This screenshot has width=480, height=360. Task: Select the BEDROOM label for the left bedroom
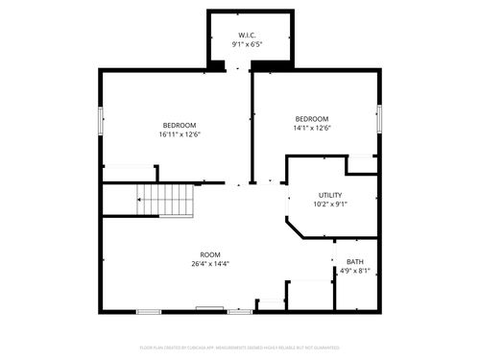[180, 126]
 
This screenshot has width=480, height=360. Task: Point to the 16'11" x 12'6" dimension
[180, 134]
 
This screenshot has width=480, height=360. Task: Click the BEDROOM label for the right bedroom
[311, 119]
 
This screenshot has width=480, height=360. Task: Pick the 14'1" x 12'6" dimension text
[311, 128]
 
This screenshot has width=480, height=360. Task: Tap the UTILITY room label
[330, 195]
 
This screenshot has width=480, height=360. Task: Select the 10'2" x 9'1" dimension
[330, 204]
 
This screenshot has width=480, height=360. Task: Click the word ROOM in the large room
[209, 254]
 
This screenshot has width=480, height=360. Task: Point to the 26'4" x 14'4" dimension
[209, 264]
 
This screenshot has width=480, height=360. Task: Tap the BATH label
[355, 262]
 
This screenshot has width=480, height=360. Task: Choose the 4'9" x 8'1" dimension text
[355, 271]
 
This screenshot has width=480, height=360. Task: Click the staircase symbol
[167, 200]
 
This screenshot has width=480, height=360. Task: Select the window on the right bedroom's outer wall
[380, 119]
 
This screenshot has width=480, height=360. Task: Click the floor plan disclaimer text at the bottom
[240, 347]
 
